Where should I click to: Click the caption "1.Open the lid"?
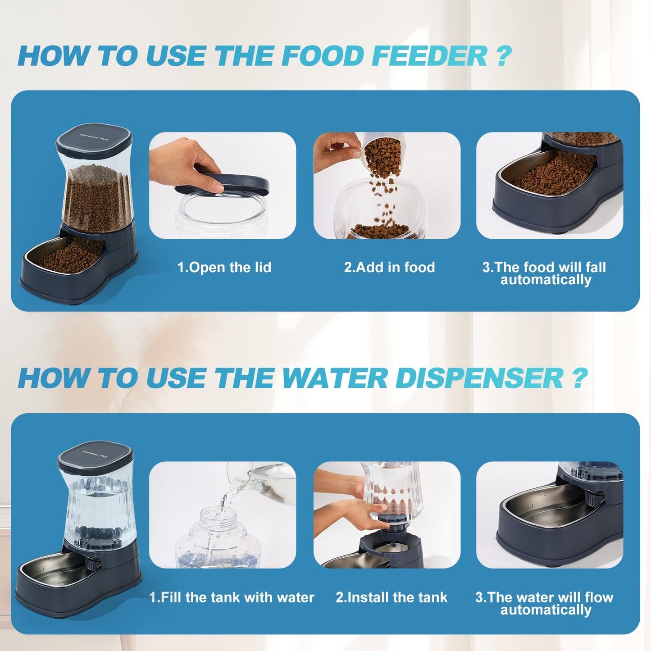pos(224,267)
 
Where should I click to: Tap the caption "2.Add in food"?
pos(389,267)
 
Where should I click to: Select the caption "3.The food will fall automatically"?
pos(544,273)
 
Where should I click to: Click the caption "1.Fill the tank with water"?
pos(232,597)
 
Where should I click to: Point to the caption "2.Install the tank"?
pos(392,597)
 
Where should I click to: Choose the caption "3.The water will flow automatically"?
pos(544,603)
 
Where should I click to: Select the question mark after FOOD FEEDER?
pos(504,56)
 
